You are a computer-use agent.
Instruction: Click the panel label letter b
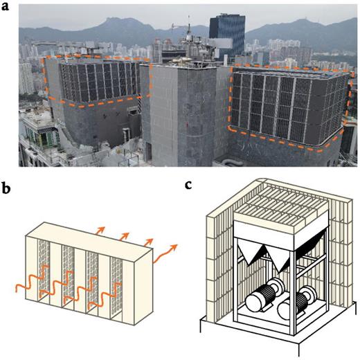click(10, 188)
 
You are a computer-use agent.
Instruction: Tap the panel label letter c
click(192, 185)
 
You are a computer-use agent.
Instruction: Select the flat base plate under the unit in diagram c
click(273, 341)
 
